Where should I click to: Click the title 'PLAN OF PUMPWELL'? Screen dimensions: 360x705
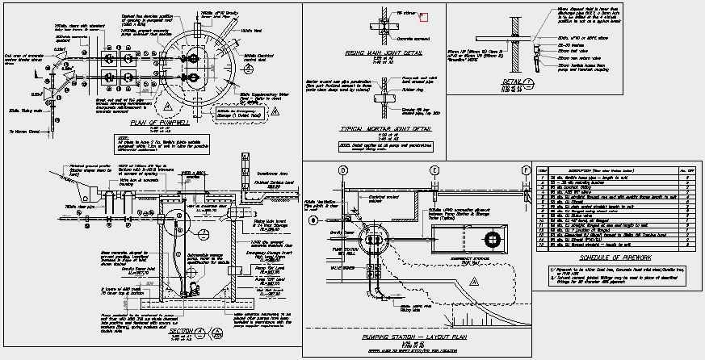[158, 123]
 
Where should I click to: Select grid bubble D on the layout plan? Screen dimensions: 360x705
[343, 171]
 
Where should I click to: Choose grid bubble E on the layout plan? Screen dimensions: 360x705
[434, 171]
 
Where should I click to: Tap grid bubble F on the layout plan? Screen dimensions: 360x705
[525, 171]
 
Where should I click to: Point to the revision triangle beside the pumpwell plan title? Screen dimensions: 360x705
[200, 123]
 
